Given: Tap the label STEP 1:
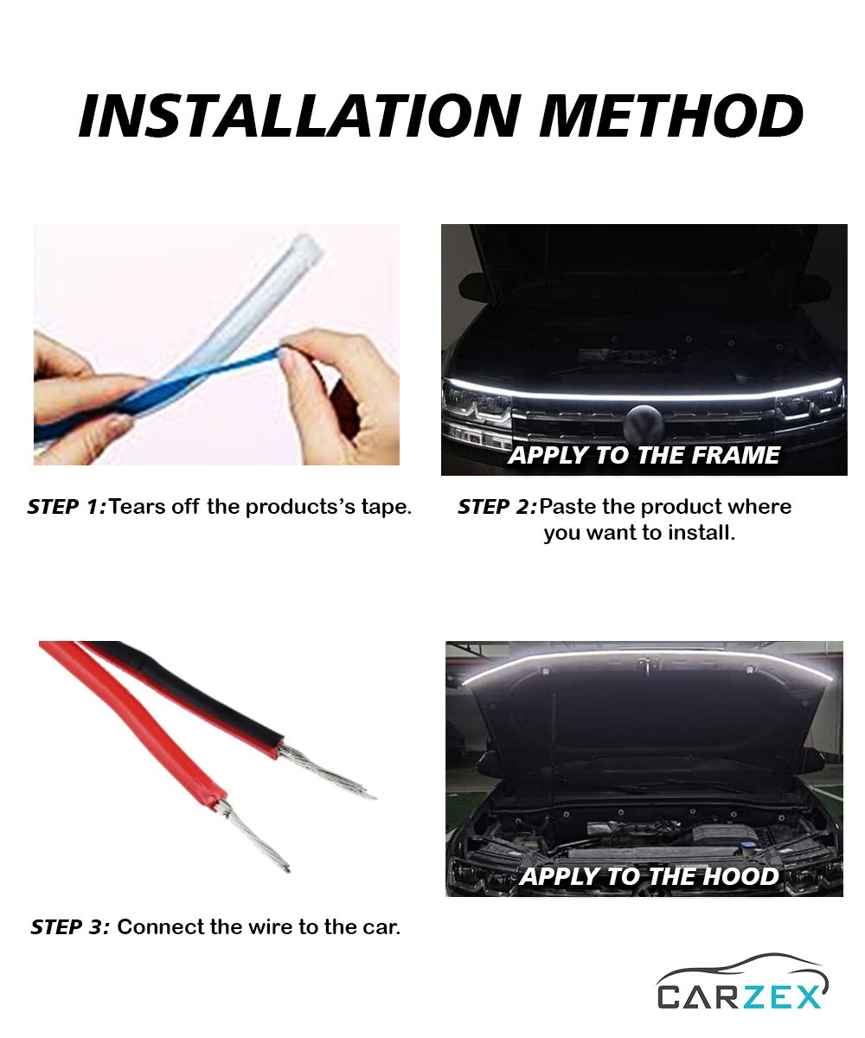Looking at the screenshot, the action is coord(67,507).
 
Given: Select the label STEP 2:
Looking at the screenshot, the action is coord(497,507).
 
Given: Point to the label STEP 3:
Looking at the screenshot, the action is coord(70,926).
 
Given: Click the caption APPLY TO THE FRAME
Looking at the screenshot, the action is coord(644,455).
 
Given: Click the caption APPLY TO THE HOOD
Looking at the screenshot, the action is coord(649,876).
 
